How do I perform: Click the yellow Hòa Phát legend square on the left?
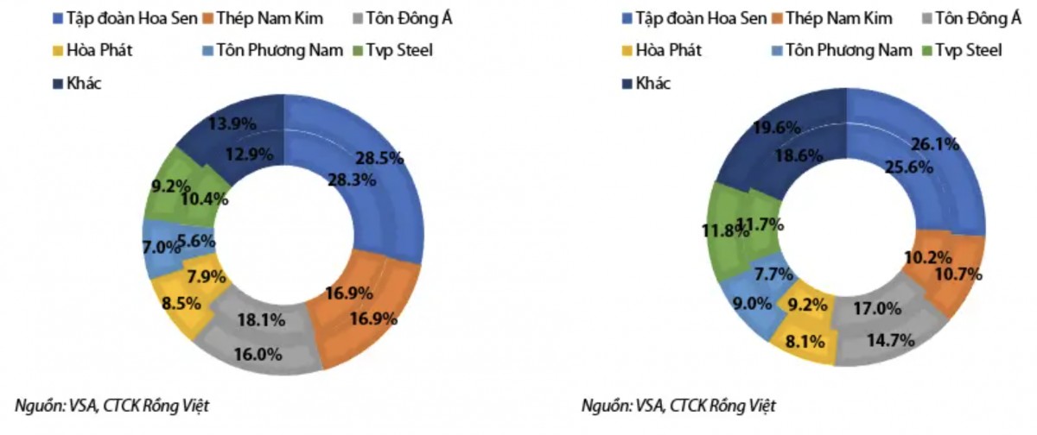pyautogui.click(x=58, y=51)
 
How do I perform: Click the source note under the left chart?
pyautogui.click(x=112, y=405)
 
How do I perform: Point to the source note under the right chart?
pyautogui.click(x=679, y=405)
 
